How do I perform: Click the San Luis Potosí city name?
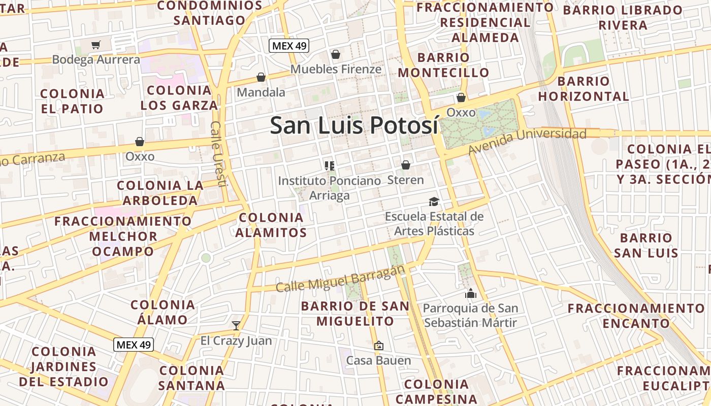click(x=353, y=125)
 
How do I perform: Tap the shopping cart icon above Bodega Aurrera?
click(x=96, y=45)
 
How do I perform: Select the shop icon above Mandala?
click(x=261, y=77)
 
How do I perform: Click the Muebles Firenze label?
click(x=336, y=69)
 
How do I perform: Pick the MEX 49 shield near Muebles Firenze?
click(x=289, y=46)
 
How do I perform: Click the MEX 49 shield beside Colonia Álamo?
click(x=133, y=345)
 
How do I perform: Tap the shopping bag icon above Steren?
click(x=405, y=165)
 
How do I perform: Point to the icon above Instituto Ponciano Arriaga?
click(x=329, y=165)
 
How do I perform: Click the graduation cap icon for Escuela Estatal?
click(x=434, y=202)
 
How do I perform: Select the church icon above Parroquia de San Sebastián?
click(x=470, y=293)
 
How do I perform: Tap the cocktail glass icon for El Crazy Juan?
click(x=236, y=325)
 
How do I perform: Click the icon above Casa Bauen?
click(x=378, y=346)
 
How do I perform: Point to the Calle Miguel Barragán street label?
click(x=340, y=280)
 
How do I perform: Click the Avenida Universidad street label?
click(x=527, y=141)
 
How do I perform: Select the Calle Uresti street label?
click(x=217, y=153)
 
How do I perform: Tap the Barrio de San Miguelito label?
click(x=355, y=314)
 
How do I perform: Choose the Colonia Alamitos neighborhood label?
click(x=271, y=225)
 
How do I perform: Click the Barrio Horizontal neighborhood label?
click(x=584, y=88)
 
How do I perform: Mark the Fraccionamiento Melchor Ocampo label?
click(x=123, y=236)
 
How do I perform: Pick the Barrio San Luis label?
click(x=646, y=245)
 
